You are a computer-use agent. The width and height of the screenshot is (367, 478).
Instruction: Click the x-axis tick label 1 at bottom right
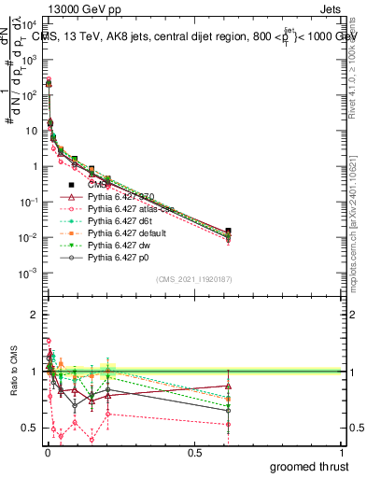[x=342, y=452]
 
